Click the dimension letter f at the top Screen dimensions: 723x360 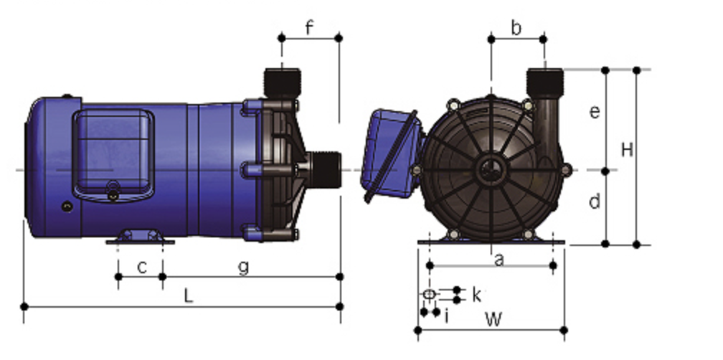[309, 28]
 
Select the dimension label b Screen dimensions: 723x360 [516, 28]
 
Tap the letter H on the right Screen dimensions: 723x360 [627, 150]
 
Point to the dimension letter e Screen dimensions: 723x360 [595, 112]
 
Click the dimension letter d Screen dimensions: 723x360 [595, 201]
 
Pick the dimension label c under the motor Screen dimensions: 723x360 [142, 267]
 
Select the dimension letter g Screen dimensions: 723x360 [243, 267]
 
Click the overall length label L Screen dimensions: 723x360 [188, 296]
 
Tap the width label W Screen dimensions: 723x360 [493, 319]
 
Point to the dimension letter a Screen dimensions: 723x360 [498, 260]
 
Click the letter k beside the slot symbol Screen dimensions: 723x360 [477, 295]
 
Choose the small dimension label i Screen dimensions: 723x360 [446, 316]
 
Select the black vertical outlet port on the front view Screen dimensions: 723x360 [545, 83]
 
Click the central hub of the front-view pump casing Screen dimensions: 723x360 [491, 171]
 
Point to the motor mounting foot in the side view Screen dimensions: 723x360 [140, 237]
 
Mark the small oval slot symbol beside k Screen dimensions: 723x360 [429, 294]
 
